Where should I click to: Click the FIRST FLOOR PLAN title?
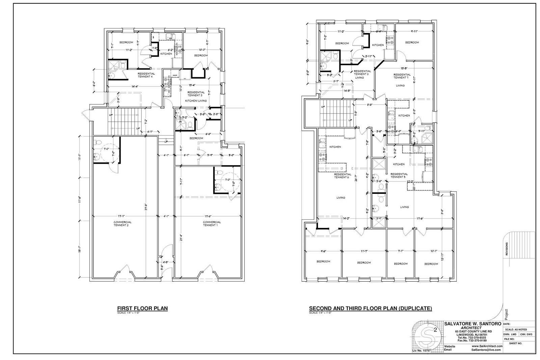click(142, 308)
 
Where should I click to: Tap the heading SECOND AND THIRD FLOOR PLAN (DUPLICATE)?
click(370, 308)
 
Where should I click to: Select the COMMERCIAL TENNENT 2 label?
click(123, 224)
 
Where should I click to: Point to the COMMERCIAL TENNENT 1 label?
click(212, 224)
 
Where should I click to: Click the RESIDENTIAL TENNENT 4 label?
click(146, 75)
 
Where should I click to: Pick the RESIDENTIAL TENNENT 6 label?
click(343, 176)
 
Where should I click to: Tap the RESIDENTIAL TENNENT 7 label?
click(402, 76)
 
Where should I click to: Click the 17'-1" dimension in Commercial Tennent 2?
click(123, 216)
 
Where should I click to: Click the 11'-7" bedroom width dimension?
click(364, 251)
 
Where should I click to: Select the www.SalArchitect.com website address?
click(487, 346)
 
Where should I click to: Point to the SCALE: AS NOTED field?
click(516, 329)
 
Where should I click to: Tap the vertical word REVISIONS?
click(507, 249)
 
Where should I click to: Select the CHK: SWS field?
click(526, 334)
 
